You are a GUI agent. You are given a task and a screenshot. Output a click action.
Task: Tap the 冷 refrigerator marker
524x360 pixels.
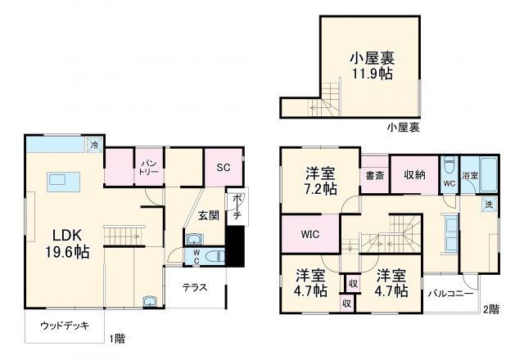coord(95,146)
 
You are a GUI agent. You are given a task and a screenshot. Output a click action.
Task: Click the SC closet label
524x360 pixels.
coord(223,167)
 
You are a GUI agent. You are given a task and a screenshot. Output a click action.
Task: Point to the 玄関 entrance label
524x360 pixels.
coord(208,215)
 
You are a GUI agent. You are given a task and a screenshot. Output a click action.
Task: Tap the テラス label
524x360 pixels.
coord(194,287)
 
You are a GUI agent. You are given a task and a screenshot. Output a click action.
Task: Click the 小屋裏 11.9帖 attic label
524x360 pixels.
coord(372,65)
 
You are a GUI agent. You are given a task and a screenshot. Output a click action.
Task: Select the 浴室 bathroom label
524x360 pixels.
coord(470,175)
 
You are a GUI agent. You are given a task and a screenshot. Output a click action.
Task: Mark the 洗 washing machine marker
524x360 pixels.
coord(488,205)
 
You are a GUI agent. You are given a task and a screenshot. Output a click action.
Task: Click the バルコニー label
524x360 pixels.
coord(449,294)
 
